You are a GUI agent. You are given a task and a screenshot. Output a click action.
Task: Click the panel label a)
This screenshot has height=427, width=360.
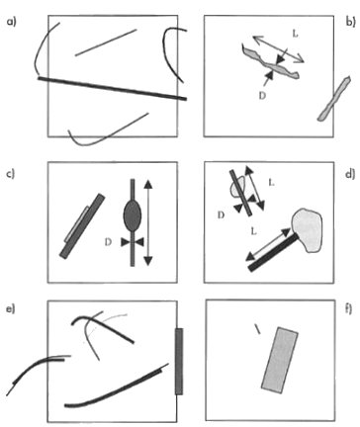pos(12,22)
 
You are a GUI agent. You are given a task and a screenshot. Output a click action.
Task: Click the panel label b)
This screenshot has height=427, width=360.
pos(350,22)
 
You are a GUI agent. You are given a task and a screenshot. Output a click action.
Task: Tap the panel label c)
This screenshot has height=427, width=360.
pos(12,174)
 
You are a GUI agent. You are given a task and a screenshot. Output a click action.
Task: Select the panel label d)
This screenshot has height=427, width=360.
pos(350,174)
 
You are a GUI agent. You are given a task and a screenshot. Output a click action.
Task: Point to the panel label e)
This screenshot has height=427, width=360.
pos(11,309)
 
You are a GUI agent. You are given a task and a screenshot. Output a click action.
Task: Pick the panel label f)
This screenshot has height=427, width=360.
pos(349,309)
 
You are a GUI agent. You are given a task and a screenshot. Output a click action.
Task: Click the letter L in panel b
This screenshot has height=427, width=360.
pos(295,34)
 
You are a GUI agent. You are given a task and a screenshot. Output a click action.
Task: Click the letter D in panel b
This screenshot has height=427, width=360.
pos(262,96)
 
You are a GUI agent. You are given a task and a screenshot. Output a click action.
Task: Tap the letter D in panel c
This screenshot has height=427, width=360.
pos(108,242)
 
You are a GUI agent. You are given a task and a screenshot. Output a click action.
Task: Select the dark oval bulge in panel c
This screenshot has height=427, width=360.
pos(133,215)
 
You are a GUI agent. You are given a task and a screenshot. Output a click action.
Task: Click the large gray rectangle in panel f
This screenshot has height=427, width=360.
pos(280,360)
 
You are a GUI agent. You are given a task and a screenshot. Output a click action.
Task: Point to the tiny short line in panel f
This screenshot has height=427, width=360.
pos(257,329)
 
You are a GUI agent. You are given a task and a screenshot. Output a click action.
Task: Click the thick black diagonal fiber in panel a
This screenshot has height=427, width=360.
pos(112,88)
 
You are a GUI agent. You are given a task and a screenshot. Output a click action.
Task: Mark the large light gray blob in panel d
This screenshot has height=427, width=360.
pos(307,229)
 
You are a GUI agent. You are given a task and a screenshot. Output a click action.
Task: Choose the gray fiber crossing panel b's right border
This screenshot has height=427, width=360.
pos(334,98)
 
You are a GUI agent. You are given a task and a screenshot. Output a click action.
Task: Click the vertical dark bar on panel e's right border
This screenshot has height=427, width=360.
pos(179,361)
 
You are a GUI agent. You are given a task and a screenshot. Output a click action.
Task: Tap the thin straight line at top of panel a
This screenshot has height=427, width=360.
pos(106,43)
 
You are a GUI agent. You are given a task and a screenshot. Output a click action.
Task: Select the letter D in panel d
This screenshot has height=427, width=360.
pos(222,215)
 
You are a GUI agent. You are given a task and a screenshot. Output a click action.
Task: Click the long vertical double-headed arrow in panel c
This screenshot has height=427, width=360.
pos(148,222)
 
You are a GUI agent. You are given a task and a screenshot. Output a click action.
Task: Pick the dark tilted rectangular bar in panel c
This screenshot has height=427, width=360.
pos(82,226)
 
